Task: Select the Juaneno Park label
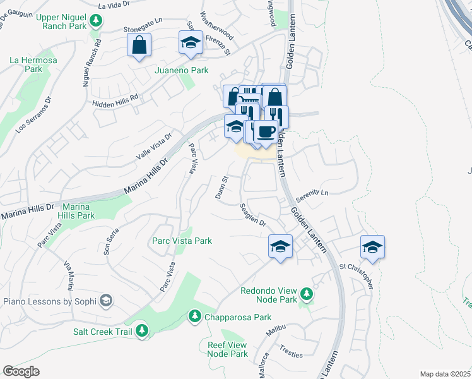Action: tap(181, 71)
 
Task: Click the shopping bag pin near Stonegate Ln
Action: tap(139, 45)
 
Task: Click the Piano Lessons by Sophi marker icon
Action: tap(106, 300)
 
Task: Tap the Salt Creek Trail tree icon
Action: tap(142, 330)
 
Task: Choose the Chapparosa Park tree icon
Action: tap(195, 315)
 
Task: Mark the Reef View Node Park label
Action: tap(227, 349)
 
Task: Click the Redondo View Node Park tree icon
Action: tap(306, 294)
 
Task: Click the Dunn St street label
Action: tap(221, 188)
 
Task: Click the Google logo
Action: tap(21, 371)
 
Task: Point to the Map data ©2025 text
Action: tap(445, 374)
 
